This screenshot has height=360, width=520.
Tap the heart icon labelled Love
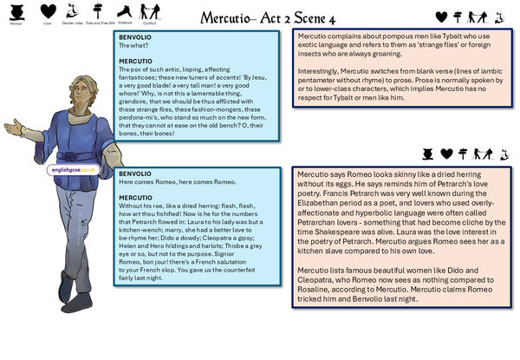click(49, 10)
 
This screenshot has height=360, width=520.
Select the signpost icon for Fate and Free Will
click(98, 10)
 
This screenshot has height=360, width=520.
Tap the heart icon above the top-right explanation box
click(441, 16)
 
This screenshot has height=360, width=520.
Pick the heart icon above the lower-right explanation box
click(446, 154)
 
